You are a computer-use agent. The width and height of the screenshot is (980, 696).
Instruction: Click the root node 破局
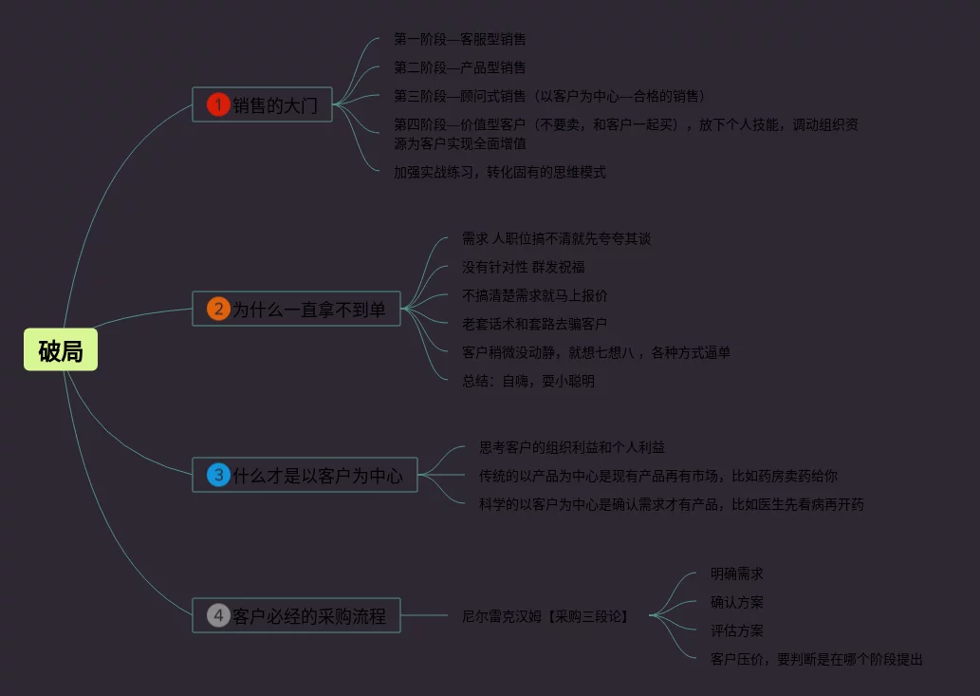[x=61, y=351]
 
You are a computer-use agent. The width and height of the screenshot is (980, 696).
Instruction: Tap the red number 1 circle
[x=218, y=104]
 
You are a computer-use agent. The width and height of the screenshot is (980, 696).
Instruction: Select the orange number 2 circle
[x=218, y=309]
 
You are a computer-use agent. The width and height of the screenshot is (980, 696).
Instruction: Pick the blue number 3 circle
[x=218, y=475]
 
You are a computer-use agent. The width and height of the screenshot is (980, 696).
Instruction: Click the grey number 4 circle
[x=218, y=615]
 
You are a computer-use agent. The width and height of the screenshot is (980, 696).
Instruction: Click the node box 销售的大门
[x=274, y=104]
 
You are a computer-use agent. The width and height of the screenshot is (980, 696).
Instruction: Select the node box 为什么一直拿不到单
[x=308, y=309]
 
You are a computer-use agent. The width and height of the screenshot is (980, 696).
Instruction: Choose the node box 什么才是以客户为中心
[x=317, y=475]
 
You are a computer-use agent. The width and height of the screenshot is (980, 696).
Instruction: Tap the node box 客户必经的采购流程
[x=308, y=615]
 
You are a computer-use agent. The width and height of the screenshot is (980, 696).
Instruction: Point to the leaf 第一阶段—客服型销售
[x=460, y=40]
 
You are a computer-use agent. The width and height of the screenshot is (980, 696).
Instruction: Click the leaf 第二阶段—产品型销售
[x=460, y=68]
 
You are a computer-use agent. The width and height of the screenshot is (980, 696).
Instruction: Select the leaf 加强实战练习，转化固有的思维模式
[x=500, y=172]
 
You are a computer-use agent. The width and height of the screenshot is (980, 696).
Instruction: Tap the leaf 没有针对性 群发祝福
[x=524, y=268]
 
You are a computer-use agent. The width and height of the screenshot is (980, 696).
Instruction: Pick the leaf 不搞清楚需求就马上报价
[x=535, y=296]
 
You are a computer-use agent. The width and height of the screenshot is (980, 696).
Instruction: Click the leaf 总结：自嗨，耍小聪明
[x=528, y=381]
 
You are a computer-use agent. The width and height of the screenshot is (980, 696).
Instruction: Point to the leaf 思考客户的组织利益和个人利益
[x=579, y=447]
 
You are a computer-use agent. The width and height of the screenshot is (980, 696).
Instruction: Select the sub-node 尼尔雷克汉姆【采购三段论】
[x=545, y=616]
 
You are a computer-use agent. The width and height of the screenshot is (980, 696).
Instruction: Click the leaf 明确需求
[x=737, y=574]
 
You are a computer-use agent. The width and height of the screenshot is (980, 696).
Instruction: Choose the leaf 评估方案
[x=737, y=630]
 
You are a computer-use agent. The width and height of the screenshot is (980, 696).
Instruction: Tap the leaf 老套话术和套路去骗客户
[x=535, y=325]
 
